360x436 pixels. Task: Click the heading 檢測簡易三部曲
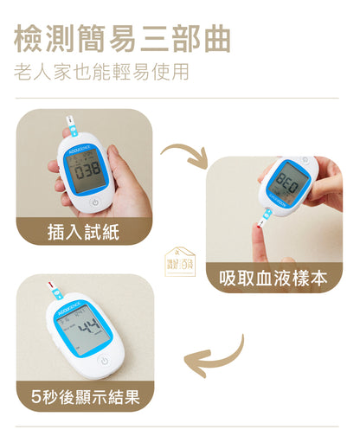click(x=123, y=38)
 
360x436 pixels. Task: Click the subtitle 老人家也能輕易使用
click(x=101, y=72)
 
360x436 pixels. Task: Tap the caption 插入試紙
click(x=83, y=232)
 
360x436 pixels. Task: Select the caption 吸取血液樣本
click(x=273, y=279)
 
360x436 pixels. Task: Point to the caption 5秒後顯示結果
click(x=86, y=397)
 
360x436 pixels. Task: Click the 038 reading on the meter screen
click(x=88, y=170)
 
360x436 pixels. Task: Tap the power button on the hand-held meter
click(x=95, y=202)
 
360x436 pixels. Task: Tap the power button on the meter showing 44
click(x=105, y=361)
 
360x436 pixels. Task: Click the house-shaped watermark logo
click(x=180, y=261)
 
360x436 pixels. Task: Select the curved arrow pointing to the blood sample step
click(x=186, y=155)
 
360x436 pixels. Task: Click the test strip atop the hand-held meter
click(x=72, y=125)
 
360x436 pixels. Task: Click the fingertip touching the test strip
click(x=258, y=231)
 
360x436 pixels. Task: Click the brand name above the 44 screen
click(x=69, y=308)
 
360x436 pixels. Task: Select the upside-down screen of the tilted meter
click(x=288, y=183)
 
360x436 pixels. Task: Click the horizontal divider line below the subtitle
click(x=177, y=98)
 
